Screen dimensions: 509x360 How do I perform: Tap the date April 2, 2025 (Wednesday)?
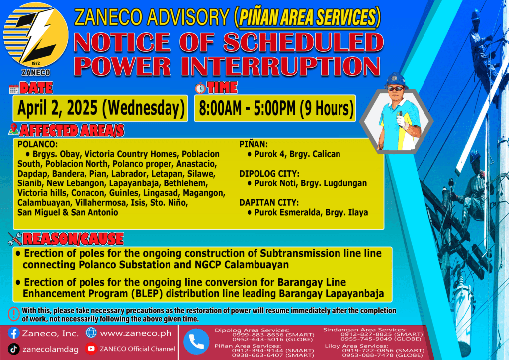101,108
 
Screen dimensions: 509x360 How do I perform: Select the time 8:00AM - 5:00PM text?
247,108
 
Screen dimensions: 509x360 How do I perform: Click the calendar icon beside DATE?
13,90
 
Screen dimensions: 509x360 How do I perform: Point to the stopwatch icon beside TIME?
200,88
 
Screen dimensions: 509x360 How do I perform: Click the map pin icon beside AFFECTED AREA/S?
13,129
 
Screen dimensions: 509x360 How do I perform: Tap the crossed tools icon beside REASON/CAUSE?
15,239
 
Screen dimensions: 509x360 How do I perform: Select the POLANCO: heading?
37,144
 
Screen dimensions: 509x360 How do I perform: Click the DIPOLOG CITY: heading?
269,174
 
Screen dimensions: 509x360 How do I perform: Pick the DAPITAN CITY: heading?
269,203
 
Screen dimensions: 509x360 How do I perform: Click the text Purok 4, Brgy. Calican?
297,154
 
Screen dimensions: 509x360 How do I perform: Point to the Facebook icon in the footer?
14,333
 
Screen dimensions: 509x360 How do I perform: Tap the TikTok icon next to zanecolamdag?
14,349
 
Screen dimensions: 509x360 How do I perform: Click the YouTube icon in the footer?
91,348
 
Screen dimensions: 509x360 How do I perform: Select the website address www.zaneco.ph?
136,333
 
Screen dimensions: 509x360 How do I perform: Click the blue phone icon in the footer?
196,342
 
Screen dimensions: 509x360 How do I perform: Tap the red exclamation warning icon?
13,314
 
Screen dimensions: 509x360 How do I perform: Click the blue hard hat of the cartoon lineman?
395,80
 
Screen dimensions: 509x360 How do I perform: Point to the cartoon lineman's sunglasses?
396,89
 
